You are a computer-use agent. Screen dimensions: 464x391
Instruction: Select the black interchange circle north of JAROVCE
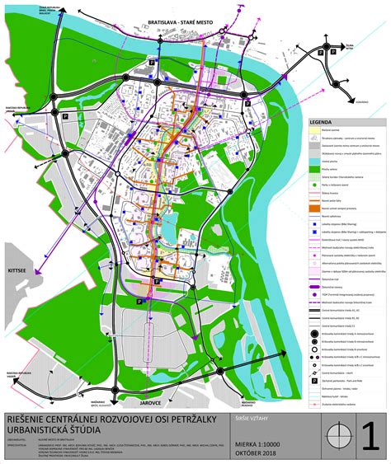(221, 372)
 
